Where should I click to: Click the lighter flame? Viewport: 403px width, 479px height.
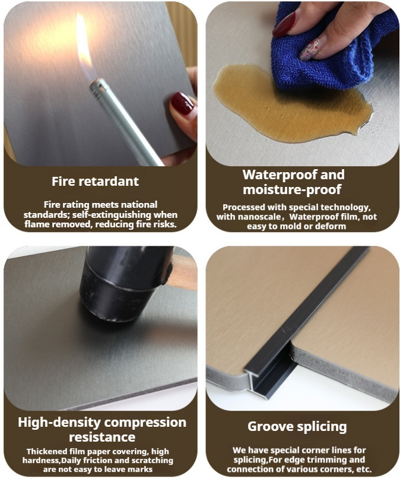point(84,45)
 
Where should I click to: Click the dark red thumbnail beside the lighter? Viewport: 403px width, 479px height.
point(182,103)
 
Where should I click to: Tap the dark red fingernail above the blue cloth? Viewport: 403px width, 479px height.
point(284,25)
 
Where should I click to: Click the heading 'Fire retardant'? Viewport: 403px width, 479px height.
point(96,182)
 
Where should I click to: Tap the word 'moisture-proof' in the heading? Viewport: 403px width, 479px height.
point(292,189)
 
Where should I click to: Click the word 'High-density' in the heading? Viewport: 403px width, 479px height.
point(59,423)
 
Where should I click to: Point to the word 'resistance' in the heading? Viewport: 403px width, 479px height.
point(102,437)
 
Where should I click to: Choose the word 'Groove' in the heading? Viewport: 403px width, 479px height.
point(267,426)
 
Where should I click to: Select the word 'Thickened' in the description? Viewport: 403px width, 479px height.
point(46,451)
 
